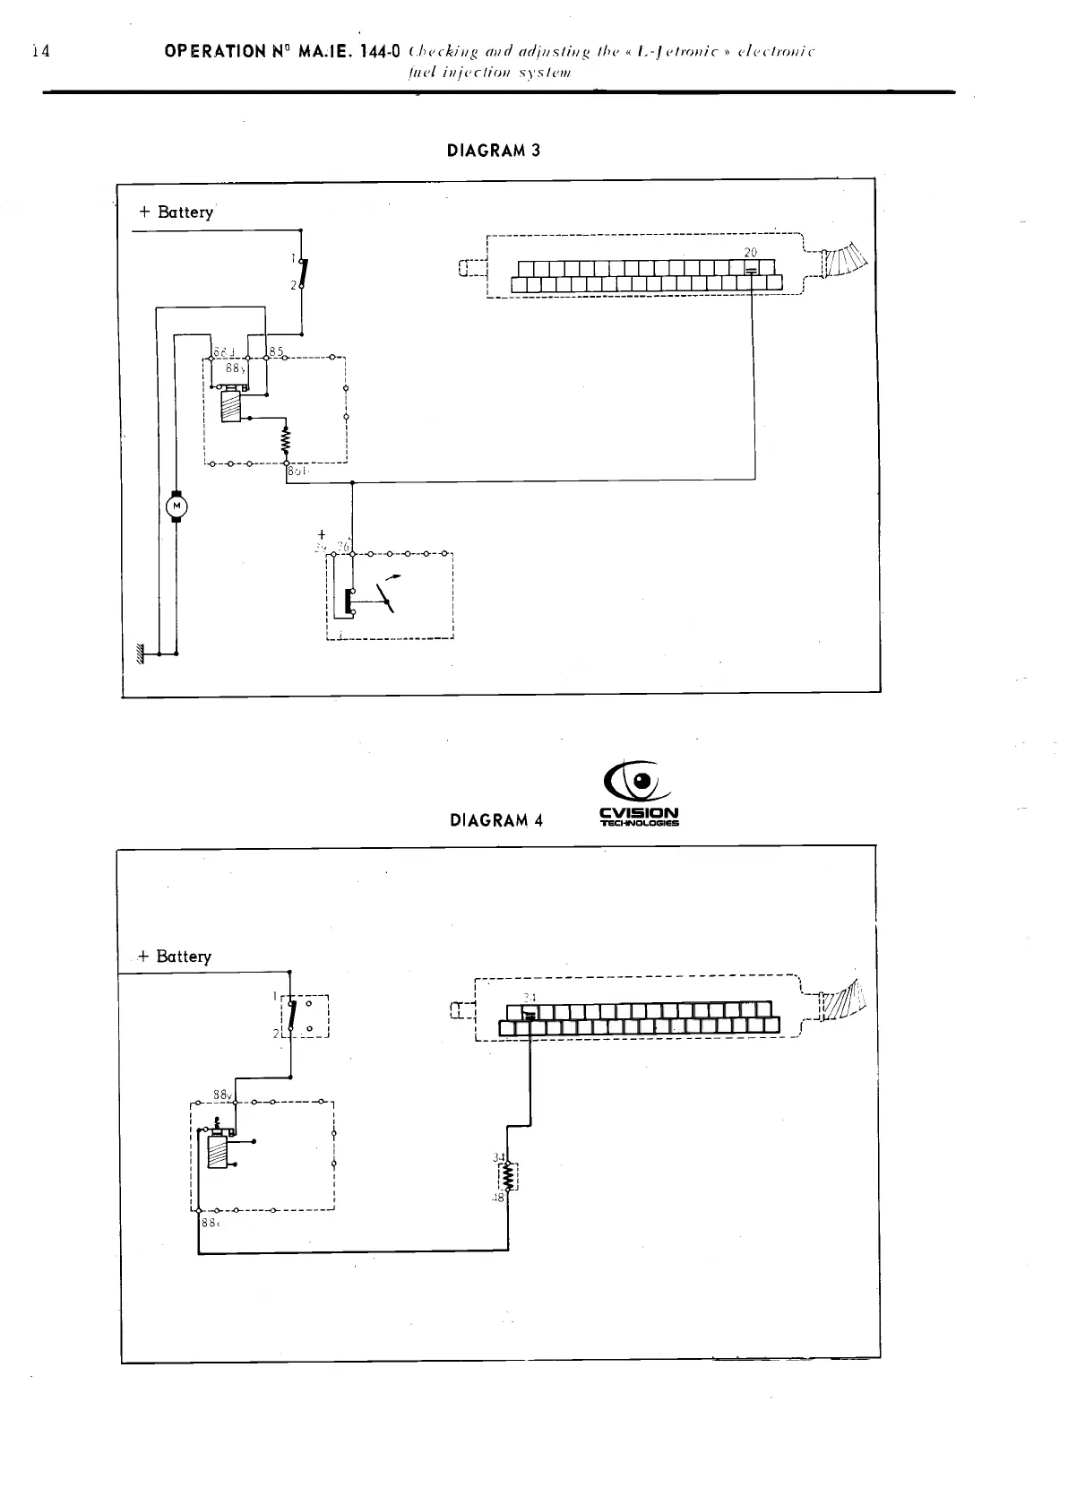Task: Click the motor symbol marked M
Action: [x=176, y=507]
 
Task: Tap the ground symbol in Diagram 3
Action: [x=140, y=654]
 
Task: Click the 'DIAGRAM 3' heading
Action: [x=493, y=151]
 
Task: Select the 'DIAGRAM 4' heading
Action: [x=496, y=820]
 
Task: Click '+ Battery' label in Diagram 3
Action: [x=177, y=212]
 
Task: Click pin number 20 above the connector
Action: [x=751, y=253]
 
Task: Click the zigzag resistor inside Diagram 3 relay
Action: [x=287, y=440]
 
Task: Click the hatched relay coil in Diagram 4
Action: [x=218, y=1152]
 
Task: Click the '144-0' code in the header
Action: [x=383, y=51]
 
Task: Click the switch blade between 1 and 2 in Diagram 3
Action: [x=303, y=273]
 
